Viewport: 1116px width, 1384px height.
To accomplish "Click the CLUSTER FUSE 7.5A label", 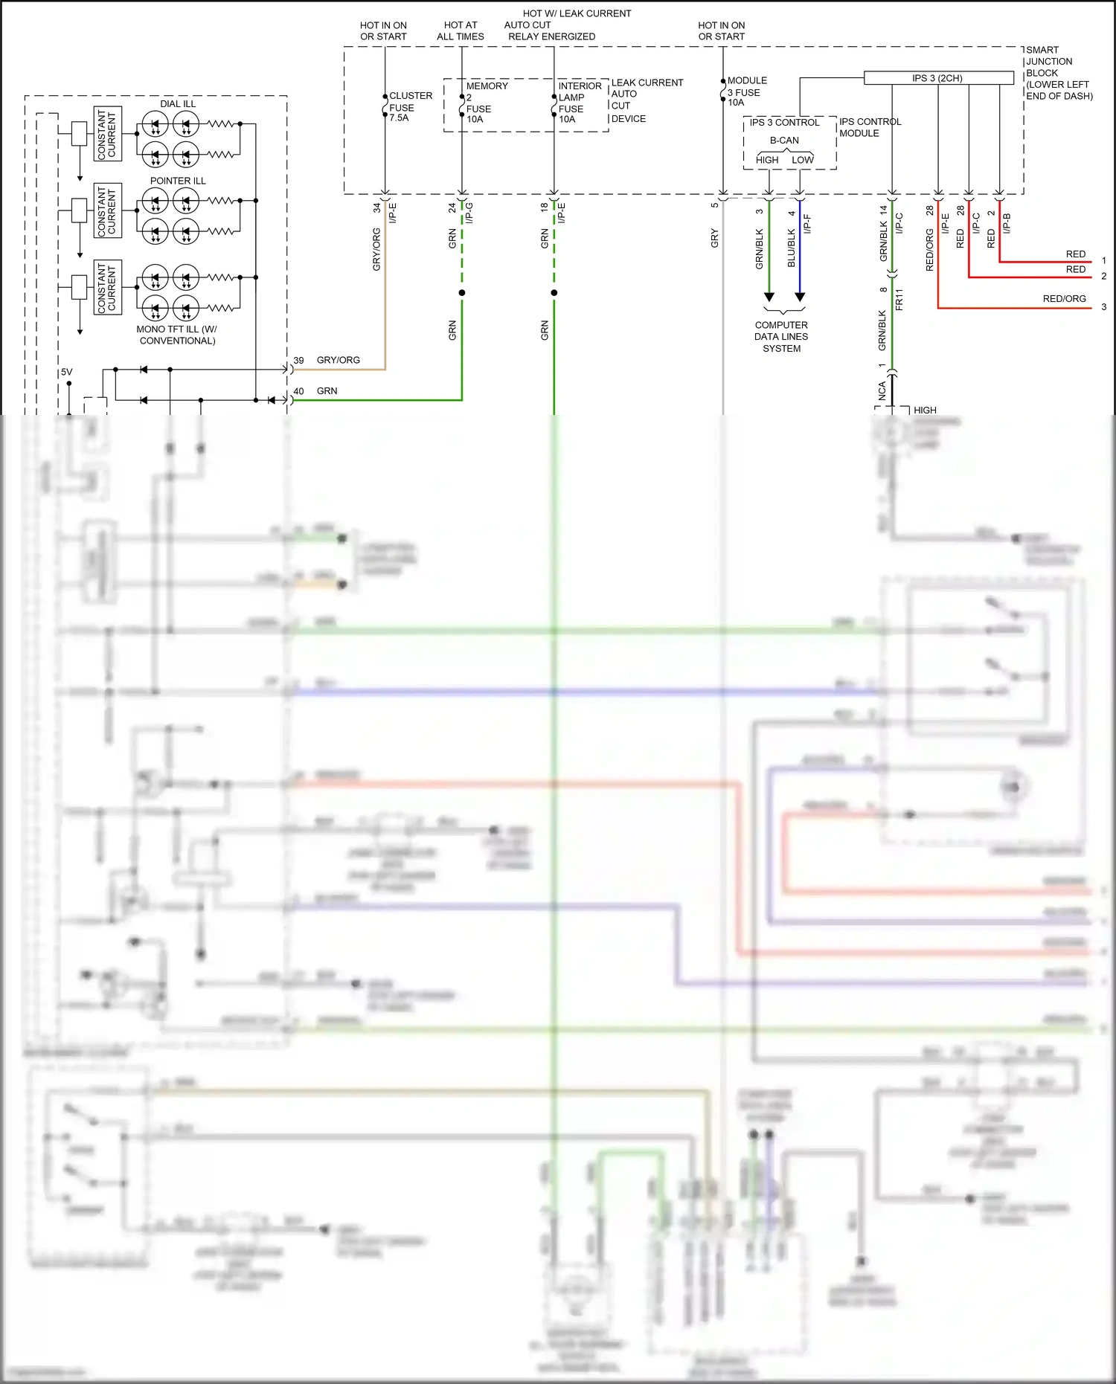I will (409, 106).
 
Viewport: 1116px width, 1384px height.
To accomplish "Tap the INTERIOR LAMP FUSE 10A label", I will (579, 103).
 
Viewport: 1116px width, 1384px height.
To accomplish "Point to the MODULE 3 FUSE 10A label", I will (745, 91).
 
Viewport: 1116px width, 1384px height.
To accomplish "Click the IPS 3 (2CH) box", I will (937, 78).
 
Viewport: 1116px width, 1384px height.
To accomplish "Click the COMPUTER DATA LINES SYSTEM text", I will (781, 337).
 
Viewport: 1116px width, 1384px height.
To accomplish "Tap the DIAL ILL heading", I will (178, 104).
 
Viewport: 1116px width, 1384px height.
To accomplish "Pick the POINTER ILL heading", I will (178, 181).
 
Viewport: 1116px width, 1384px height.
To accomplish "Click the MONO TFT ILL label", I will (177, 335).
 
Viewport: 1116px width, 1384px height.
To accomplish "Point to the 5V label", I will (67, 372).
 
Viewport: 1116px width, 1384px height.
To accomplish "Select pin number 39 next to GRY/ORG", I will (298, 361).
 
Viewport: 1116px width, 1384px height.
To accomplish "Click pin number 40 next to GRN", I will (298, 391).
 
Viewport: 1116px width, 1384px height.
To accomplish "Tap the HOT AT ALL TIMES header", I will (461, 30).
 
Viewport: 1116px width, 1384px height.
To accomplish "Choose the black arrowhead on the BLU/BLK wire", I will (800, 297).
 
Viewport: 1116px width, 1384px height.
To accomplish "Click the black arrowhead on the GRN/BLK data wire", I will (769, 297).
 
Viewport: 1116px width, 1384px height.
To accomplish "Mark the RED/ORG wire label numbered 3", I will (1064, 299).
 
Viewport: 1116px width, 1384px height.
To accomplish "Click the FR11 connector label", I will (899, 299).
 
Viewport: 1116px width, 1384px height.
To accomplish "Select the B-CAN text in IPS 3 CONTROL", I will (784, 141).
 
